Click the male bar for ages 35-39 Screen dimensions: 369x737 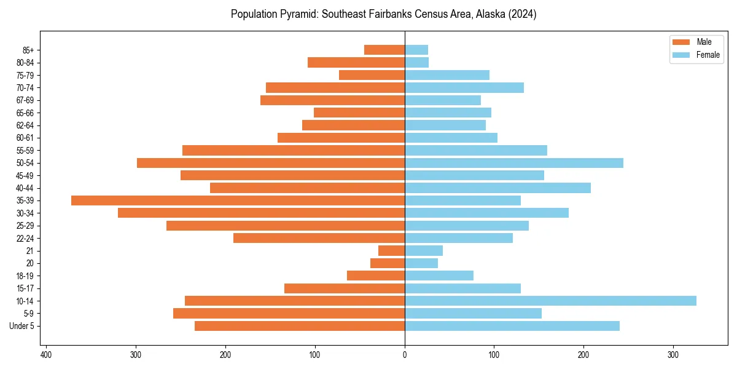(x=238, y=200)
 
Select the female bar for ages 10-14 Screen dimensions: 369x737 (x=550, y=301)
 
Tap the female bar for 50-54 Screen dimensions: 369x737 (x=514, y=163)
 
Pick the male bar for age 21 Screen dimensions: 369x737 (x=391, y=251)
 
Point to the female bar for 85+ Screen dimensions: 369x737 (x=416, y=50)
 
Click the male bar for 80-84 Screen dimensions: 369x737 (x=356, y=63)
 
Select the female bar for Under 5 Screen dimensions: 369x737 (x=512, y=326)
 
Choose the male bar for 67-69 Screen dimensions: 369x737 (x=332, y=100)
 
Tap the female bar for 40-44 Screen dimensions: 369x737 (x=497, y=188)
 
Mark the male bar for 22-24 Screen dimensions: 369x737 (x=319, y=238)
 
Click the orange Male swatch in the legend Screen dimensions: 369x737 (x=682, y=42)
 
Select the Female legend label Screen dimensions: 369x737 (x=708, y=55)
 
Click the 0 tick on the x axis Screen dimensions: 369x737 (x=405, y=355)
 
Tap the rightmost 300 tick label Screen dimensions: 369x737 (x=673, y=355)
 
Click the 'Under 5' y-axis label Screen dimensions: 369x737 (x=22, y=326)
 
